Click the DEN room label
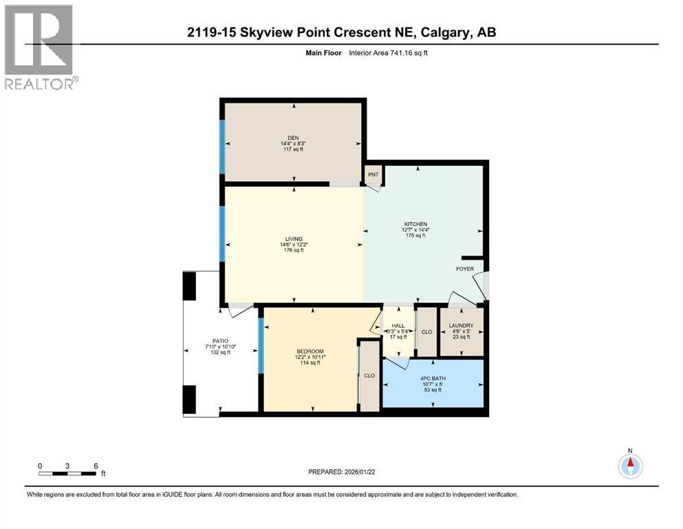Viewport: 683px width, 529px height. (x=294, y=136)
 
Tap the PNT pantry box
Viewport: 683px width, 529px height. (x=373, y=175)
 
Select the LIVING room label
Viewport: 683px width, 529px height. (x=294, y=238)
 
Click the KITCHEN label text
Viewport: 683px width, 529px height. (x=415, y=224)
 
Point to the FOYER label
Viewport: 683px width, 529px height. (x=465, y=269)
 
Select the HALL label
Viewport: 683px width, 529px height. (x=398, y=326)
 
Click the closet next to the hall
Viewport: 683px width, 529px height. (x=426, y=331)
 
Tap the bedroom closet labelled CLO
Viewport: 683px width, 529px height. (x=369, y=376)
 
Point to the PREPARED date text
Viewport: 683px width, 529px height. (x=341, y=472)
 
